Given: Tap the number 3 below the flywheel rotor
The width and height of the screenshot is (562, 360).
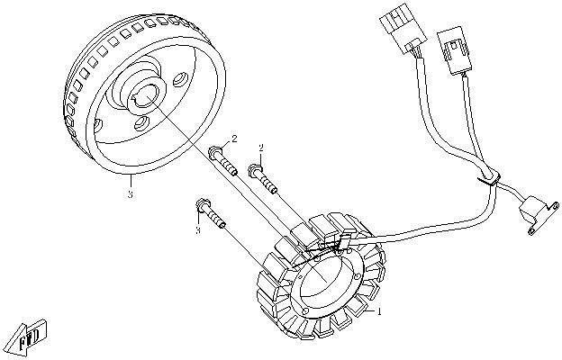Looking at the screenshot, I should pos(131,192).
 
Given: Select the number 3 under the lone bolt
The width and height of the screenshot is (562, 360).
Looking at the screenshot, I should pos(196,231).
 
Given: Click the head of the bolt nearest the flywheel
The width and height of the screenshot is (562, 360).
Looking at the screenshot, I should pos(216,154).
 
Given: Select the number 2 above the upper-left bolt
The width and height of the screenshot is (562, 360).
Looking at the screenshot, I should pos(234,139).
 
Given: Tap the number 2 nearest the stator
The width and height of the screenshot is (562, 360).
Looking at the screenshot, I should pos(260,147).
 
